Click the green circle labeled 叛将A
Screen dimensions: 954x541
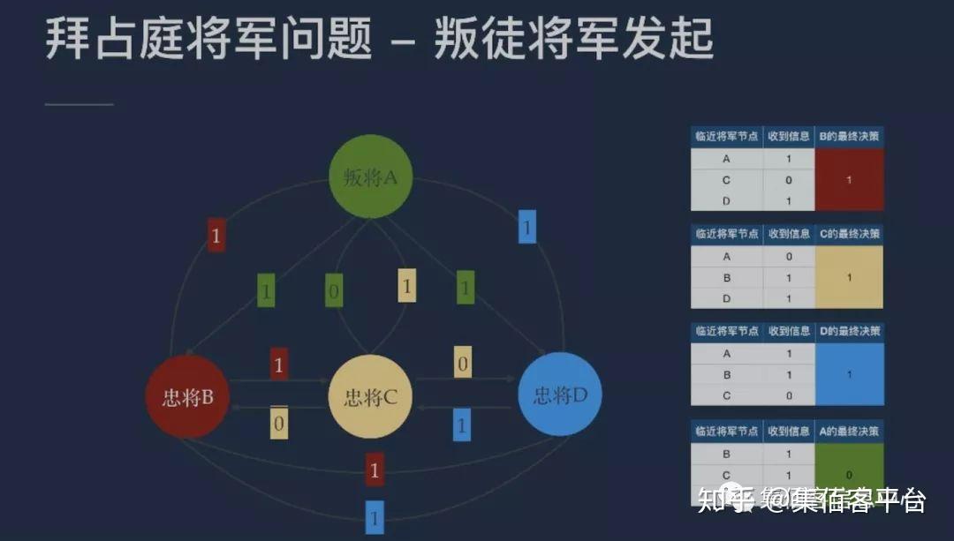click(x=370, y=177)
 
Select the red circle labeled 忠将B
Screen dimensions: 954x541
click(x=187, y=396)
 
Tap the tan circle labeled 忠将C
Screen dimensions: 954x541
click(x=370, y=396)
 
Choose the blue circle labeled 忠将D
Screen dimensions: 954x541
click(x=560, y=394)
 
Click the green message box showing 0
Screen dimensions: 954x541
click(x=333, y=289)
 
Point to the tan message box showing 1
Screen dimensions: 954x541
click(x=406, y=286)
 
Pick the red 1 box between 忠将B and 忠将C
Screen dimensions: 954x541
click(x=279, y=364)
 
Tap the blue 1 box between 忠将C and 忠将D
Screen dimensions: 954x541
click(x=461, y=424)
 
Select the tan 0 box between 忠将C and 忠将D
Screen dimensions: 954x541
click(x=462, y=362)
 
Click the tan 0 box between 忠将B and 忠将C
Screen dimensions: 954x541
click(x=279, y=424)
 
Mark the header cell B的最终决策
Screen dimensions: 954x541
click(x=849, y=137)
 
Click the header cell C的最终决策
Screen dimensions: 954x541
click(x=849, y=235)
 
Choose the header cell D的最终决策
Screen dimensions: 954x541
click(x=849, y=332)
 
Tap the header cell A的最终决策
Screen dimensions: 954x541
click(x=849, y=432)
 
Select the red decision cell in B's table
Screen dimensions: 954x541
click(x=849, y=180)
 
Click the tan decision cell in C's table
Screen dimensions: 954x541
click(x=849, y=278)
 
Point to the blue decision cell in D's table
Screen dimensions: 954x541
click(x=849, y=374)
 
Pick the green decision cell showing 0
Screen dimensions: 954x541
click(x=849, y=473)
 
